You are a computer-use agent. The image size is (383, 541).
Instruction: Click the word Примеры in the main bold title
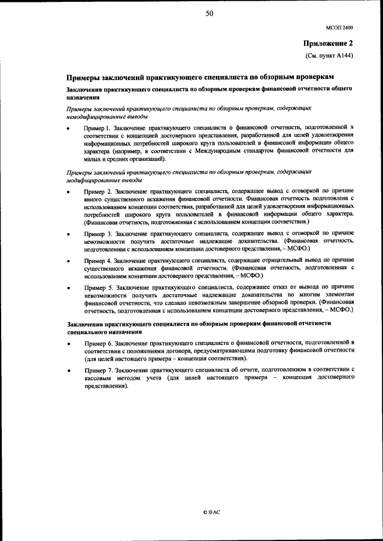tap(83, 78)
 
